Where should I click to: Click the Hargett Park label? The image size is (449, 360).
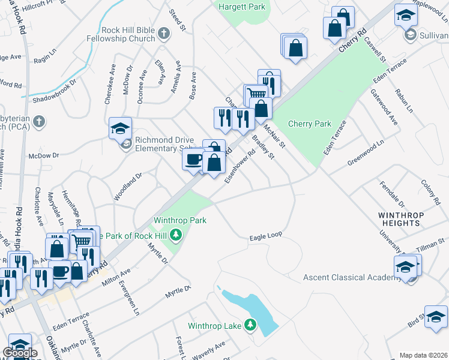click(242, 7)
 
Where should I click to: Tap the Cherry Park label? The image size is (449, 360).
click(310, 124)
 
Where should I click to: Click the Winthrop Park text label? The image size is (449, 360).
click(180, 220)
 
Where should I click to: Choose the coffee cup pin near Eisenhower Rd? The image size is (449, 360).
click(194, 160)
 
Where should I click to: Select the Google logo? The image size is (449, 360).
click(20, 353)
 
